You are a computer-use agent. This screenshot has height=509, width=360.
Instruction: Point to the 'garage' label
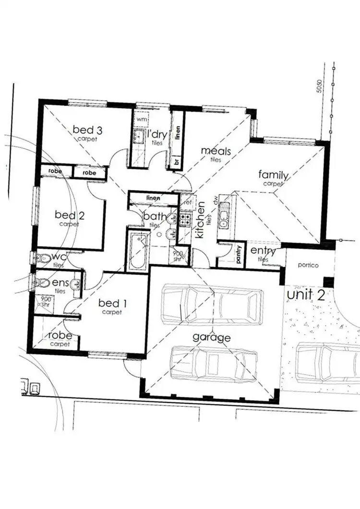pyautogui.click(x=212, y=337)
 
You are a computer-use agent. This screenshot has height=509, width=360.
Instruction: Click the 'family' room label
pyautogui.click(x=273, y=175)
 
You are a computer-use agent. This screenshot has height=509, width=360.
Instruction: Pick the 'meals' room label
pyautogui.click(x=216, y=152)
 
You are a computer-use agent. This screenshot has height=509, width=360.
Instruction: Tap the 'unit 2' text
pyautogui.click(x=306, y=294)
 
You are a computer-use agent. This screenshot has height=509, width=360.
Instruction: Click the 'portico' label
pyautogui.click(x=308, y=265)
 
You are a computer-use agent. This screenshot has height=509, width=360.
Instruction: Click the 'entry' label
pyautogui.click(x=263, y=251)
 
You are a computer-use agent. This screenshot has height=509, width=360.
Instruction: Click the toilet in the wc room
pyautogui.click(x=45, y=258)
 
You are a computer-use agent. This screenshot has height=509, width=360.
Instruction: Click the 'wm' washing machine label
pyautogui.click(x=141, y=118)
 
